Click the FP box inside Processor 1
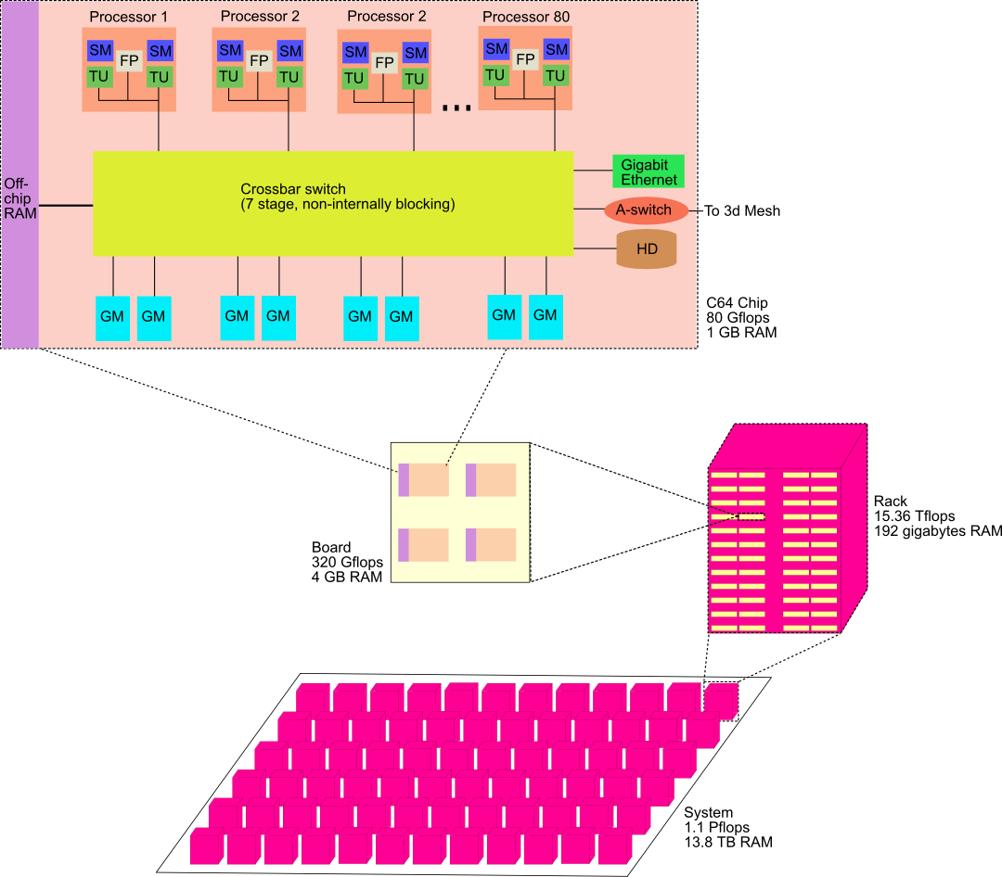(x=129, y=60)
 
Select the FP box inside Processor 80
(x=526, y=59)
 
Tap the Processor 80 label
(x=526, y=17)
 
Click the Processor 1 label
(x=129, y=18)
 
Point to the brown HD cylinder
(x=647, y=249)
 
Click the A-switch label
(x=643, y=210)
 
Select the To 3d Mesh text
(x=741, y=210)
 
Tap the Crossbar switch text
(x=292, y=189)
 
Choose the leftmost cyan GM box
(x=112, y=317)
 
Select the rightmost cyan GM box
(x=546, y=315)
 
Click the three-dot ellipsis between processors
(x=456, y=108)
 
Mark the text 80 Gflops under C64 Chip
(x=739, y=317)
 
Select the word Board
(x=330, y=547)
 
